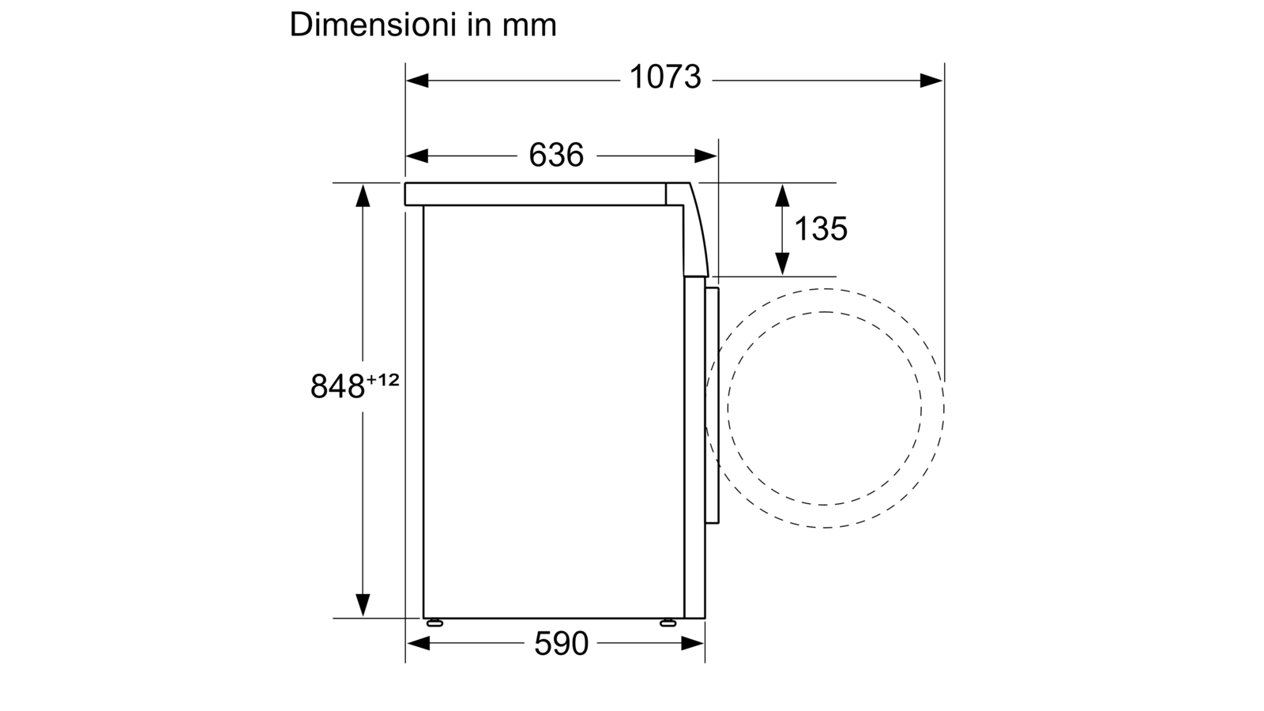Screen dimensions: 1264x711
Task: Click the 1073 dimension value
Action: tap(664, 77)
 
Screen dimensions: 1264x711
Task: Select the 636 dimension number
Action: tap(556, 155)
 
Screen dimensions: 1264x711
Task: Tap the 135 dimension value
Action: tap(821, 229)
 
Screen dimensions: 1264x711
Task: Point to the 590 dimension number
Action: tap(561, 643)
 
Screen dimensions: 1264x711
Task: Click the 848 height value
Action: tap(337, 386)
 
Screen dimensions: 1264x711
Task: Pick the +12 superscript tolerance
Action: tap(383, 380)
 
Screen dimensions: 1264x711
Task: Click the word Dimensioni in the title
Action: tap(373, 24)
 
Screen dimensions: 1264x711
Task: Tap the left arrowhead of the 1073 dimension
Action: tap(417, 81)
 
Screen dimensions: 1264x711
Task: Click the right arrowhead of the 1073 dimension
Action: tap(931, 81)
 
